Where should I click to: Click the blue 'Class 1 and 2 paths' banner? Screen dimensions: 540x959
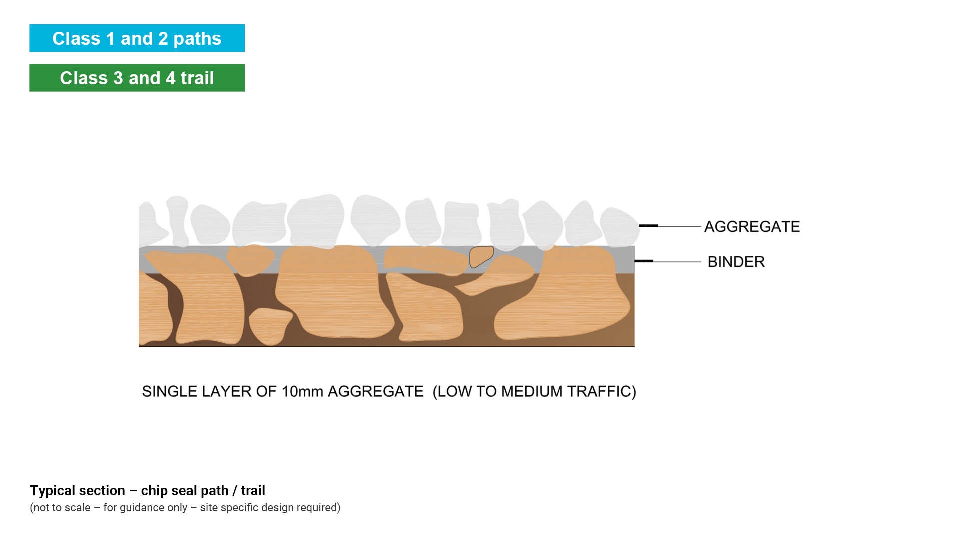point(137,38)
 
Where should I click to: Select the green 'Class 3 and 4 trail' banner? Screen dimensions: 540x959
point(137,78)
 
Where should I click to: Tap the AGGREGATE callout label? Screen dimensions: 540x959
point(752,227)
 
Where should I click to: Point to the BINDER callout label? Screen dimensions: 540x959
point(736,262)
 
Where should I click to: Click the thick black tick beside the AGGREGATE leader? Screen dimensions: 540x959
point(648,226)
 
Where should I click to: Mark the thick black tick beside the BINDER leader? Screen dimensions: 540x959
point(644,261)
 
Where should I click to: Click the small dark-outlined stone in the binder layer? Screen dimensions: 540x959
point(480,256)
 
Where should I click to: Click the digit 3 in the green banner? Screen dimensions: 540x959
point(118,78)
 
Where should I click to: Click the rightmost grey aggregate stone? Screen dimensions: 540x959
point(618,227)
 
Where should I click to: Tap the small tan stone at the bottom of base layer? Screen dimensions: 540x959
point(270,325)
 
